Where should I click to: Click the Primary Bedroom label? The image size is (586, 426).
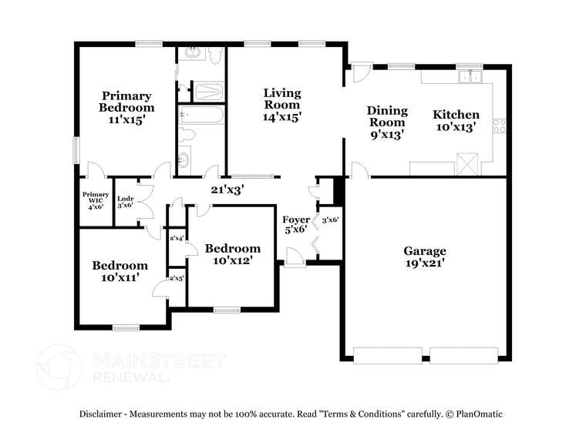(x=126, y=102)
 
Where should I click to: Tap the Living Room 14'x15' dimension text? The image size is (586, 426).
(x=282, y=117)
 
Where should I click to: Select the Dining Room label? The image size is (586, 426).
(x=387, y=116)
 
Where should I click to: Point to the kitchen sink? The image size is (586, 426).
(x=470, y=76)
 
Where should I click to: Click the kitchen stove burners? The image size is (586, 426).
(x=500, y=125)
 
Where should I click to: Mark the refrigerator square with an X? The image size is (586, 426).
(x=467, y=165)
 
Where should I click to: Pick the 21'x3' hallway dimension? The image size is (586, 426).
(x=227, y=189)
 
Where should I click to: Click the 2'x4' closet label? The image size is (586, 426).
(x=177, y=238)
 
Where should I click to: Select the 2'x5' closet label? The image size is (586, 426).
(x=177, y=279)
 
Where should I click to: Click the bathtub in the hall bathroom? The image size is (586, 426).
(x=201, y=116)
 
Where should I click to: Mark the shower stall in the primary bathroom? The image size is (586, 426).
(x=208, y=92)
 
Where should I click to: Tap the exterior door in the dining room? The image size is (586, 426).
(x=360, y=73)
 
